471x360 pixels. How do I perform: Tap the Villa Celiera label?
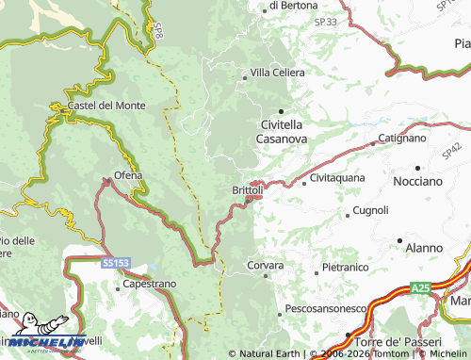click(278, 74)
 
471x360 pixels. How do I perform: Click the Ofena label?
click(128, 175)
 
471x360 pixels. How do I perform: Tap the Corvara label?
click(265, 267)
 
